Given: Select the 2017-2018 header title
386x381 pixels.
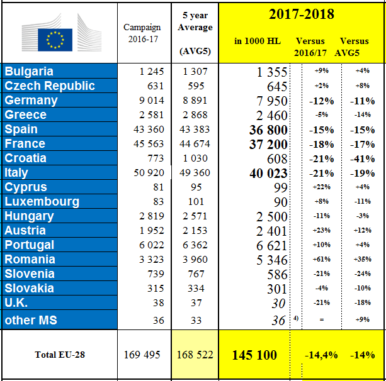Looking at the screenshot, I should point(302,14).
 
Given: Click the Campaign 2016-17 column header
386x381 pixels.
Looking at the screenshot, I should point(142,34).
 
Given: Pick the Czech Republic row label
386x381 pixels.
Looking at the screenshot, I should point(50,86).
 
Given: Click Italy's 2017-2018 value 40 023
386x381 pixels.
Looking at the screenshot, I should point(261,173).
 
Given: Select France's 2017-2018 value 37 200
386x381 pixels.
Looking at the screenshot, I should point(261,144).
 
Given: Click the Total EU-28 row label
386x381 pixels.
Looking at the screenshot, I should point(60,355).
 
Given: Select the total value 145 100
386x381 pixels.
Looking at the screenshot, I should point(254,355).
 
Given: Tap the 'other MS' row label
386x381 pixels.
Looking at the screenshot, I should point(31,319).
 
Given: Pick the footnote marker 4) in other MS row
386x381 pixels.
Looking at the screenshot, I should point(295,317).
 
